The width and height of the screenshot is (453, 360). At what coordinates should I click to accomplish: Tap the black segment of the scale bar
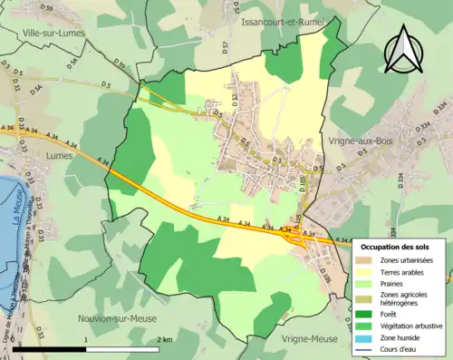click(x=50, y=349)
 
